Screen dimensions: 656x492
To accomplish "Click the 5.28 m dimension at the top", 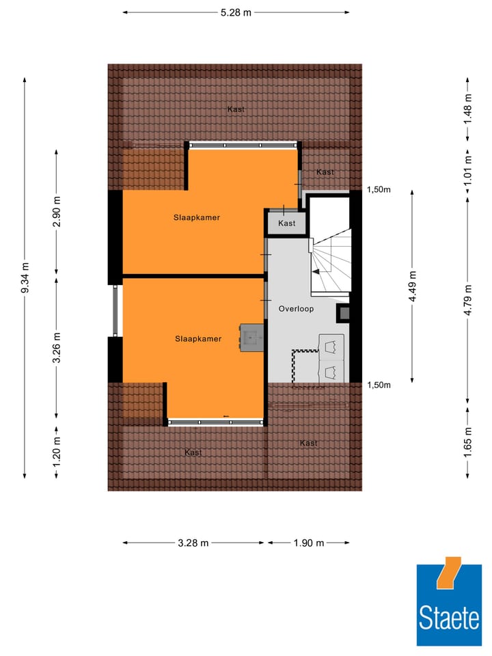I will tap(236, 12).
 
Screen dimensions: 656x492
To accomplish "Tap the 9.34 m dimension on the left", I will tap(25, 278).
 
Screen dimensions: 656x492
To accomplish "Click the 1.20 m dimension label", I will tap(57, 450).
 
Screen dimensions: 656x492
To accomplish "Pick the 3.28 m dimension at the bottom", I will tap(193, 543).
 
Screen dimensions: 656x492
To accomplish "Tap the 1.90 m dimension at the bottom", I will tap(308, 543).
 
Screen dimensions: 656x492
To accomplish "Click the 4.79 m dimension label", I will tap(467, 301).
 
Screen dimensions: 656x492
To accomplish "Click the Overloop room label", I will tap(296, 309).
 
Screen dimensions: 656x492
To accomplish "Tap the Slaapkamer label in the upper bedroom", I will tap(191, 217).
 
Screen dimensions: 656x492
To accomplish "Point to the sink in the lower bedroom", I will tap(251, 337).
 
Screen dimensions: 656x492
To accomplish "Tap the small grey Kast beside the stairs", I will tap(287, 223).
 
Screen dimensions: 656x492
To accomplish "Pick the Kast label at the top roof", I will tap(236, 109).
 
